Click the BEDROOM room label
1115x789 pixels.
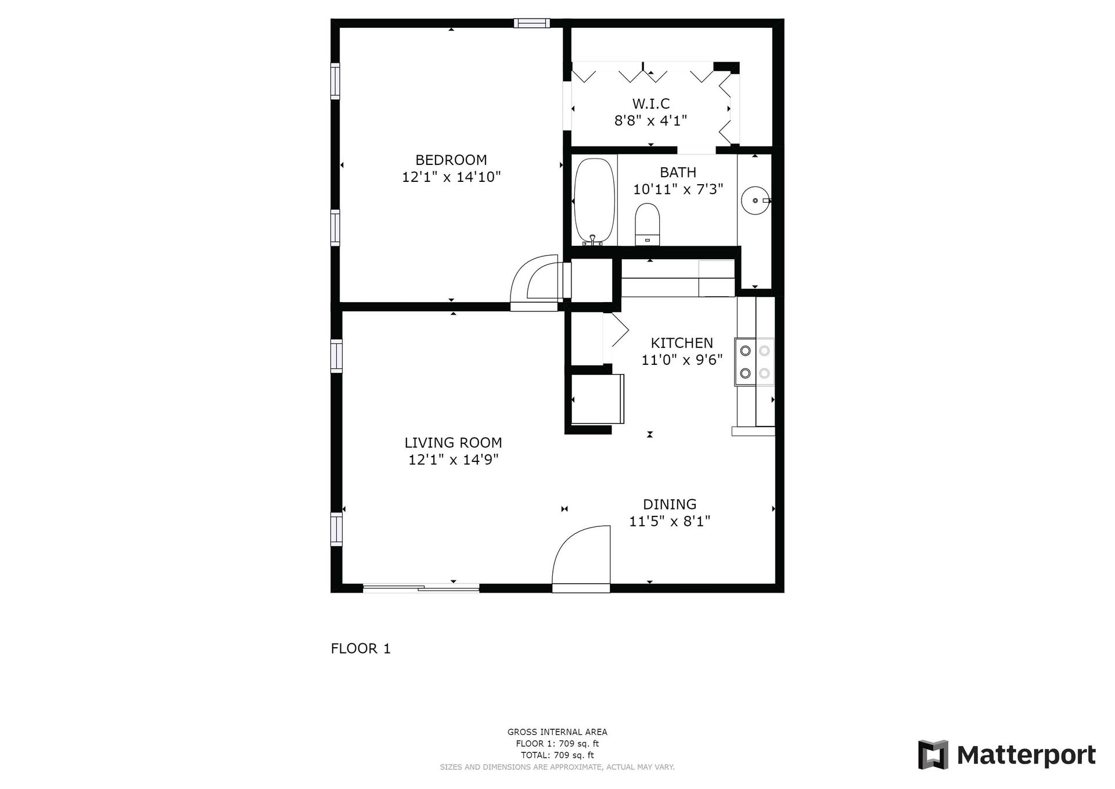point(451,160)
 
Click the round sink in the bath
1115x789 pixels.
point(756,200)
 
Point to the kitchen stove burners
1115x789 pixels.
point(754,362)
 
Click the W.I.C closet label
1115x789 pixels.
point(651,104)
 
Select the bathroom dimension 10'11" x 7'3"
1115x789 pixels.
point(678,189)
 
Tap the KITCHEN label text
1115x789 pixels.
point(682,343)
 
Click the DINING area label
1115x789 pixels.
point(670,504)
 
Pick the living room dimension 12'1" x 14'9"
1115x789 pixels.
point(453,460)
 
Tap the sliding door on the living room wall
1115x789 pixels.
point(421,588)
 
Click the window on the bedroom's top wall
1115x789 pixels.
point(531,23)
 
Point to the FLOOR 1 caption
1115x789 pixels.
point(361,648)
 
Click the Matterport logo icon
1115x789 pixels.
point(933,755)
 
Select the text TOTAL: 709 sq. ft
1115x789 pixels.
point(557,755)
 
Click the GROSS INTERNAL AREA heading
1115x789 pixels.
point(557,732)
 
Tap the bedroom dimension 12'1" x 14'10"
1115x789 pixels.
point(451,177)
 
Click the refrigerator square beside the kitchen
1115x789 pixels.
point(598,399)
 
